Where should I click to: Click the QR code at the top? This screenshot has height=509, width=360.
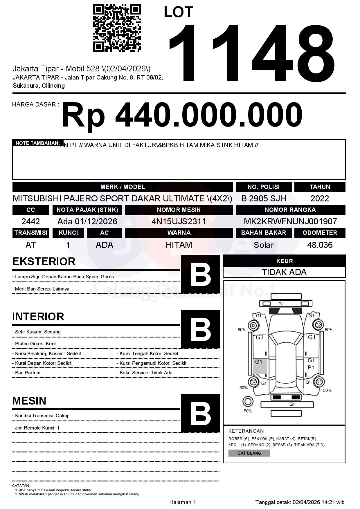[117, 28]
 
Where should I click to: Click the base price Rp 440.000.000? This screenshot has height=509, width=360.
[182, 115]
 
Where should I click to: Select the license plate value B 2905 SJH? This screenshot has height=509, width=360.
[264, 198]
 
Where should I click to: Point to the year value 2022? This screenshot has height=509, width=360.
[320, 198]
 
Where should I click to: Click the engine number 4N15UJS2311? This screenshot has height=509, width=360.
[179, 221]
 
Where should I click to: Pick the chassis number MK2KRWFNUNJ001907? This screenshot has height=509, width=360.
[290, 221]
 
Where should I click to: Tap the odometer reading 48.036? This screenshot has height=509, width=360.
[320, 245]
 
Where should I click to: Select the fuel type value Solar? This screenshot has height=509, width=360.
[264, 245]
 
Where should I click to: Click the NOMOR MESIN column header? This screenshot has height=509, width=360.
[179, 210]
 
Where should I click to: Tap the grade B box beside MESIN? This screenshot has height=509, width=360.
[200, 413]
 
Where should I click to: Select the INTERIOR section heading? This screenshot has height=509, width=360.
[38, 317]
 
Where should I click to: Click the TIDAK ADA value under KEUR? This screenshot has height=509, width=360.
[284, 272]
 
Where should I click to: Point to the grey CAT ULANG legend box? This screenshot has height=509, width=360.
[249, 453]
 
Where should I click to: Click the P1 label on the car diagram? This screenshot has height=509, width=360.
[311, 368]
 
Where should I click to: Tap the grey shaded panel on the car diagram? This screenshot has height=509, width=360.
[260, 366]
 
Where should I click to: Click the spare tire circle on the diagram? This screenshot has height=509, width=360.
[248, 402]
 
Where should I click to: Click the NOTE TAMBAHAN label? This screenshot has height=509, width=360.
[37, 143]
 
